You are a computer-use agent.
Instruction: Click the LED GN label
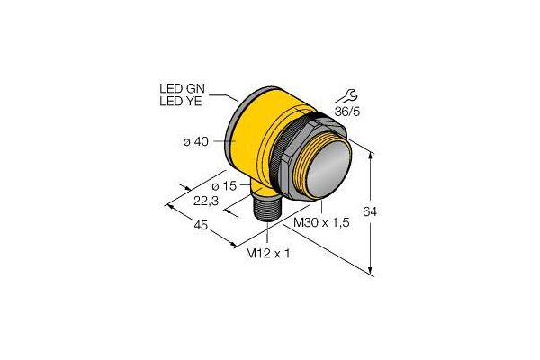coord(182,89)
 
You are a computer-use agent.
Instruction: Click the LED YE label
coord(181,102)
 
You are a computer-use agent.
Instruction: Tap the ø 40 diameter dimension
coord(195,141)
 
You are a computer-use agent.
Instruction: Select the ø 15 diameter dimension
coord(224,186)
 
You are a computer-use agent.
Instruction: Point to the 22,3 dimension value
coord(206,201)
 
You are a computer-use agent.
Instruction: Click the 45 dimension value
coord(201,225)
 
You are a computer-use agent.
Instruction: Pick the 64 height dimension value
coord(370,211)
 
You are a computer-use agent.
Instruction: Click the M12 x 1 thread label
coord(267,254)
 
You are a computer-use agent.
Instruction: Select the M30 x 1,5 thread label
coord(321,222)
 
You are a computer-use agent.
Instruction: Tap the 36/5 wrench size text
coord(346,112)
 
